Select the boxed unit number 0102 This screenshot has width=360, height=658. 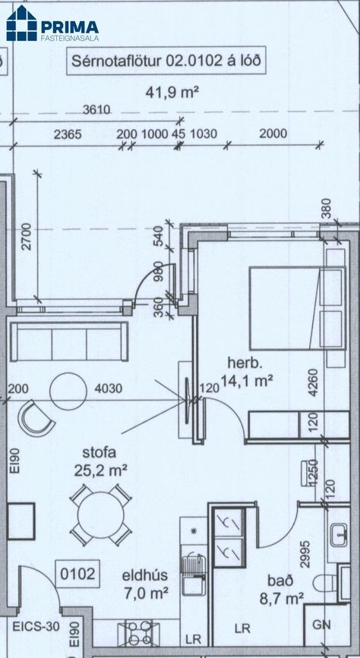(x=77, y=574)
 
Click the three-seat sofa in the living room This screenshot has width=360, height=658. (x=68, y=342)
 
